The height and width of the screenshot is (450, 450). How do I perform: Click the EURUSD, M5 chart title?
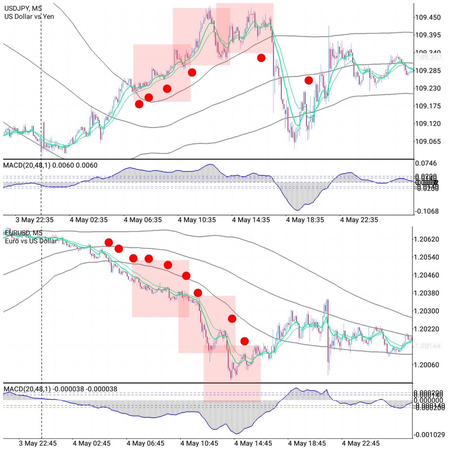(x=24, y=233)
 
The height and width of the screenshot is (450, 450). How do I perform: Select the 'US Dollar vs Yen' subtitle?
(x=29, y=17)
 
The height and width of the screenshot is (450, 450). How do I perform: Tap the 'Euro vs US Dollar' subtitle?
(x=31, y=241)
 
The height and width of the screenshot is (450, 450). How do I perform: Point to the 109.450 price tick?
(x=427, y=17)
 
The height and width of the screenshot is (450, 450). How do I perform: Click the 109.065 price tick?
(x=427, y=141)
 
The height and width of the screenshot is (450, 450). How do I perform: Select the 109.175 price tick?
(x=427, y=106)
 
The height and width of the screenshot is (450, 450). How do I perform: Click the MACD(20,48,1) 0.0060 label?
(x=50, y=165)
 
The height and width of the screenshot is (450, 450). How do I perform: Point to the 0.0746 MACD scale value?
(x=426, y=163)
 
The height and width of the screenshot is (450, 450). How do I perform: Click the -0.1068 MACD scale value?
(x=426, y=211)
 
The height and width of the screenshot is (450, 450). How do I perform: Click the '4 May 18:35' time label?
(x=305, y=220)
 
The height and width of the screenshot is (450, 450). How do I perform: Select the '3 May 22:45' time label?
(x=38, y=443)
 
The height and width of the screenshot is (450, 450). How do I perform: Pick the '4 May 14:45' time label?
(x=253, y=443)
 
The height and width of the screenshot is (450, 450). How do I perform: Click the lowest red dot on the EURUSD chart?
(x=244, y=341)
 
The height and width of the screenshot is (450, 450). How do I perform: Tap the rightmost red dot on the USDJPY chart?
(x=308, y=81)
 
